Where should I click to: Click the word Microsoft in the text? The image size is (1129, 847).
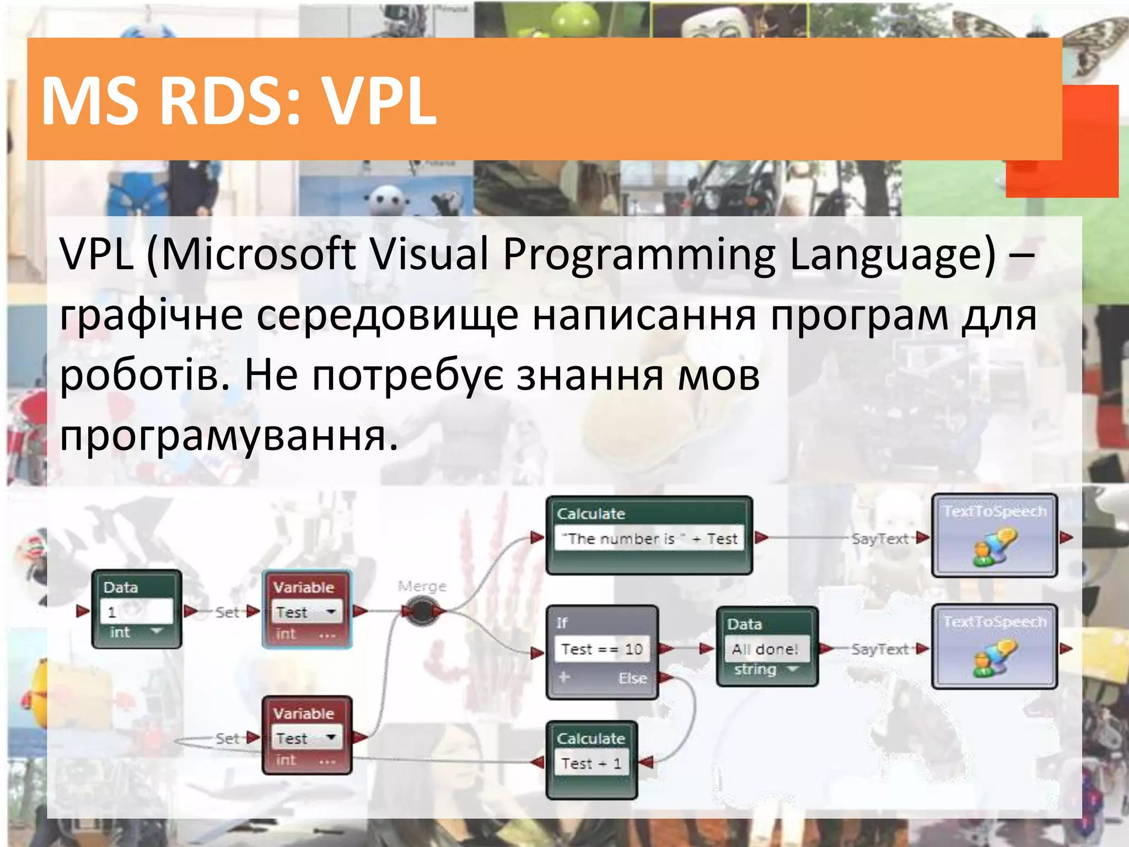[259, 254]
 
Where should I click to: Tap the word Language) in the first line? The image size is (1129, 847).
[893, 254]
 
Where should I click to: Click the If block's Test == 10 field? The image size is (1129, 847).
[602, 649]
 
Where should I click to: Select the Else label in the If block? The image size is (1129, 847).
[632, 678]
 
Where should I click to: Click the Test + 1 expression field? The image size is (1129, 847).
[591, 764]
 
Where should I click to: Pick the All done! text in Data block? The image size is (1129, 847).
[765, 650]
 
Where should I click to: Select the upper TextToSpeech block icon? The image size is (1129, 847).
[994, 546]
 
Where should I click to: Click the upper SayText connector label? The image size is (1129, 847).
[879, 539]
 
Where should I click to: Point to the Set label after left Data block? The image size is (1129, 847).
[227, 612]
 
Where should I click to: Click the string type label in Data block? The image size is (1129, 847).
[755, 669]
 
